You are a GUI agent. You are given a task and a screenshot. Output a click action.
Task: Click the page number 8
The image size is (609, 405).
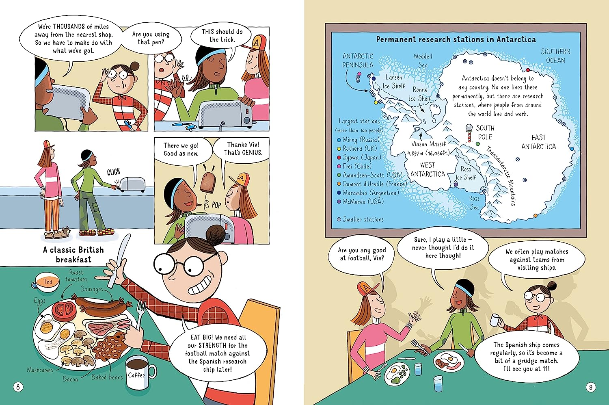pyautogui.click(x=18, y=387)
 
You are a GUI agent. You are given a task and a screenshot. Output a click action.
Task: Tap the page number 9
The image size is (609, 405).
pyautogui.click(x=590, y=387)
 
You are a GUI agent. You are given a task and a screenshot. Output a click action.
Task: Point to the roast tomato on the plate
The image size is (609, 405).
pyautogui.click(x=64, y=310)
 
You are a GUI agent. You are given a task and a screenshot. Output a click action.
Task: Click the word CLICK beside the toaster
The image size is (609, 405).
pyautogui.click(x=113, y=172)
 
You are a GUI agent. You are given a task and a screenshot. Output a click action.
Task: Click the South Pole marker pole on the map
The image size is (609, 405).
pyautogui.click(x=469, y=133)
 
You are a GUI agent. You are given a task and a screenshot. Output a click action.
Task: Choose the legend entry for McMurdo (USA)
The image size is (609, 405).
pyautogui.click(x=360, y=201)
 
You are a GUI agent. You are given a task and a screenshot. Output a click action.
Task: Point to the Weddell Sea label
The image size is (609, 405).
pyautogui.click(x=423, y=61)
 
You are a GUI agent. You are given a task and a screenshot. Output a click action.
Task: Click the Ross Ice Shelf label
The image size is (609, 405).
pyautogui.click(x=466, y=173)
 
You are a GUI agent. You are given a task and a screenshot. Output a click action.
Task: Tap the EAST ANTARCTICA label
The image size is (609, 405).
pyautogui.click(x=539, y=142)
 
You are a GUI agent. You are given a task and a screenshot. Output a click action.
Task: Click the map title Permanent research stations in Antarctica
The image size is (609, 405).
pyautogui.click(x=456, y=39)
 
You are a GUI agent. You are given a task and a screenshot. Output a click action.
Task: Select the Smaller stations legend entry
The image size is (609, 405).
pyautogui.click(x=360, y=219)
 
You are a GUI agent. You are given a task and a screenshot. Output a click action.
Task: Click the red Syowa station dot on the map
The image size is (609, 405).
pyautogui.click(x=528, y=70)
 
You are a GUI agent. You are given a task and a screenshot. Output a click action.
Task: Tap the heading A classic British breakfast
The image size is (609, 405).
pyautogui.click(x=73, y=254)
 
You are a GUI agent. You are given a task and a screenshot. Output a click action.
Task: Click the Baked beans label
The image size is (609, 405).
pyautogui.click(x=107, y=377)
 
